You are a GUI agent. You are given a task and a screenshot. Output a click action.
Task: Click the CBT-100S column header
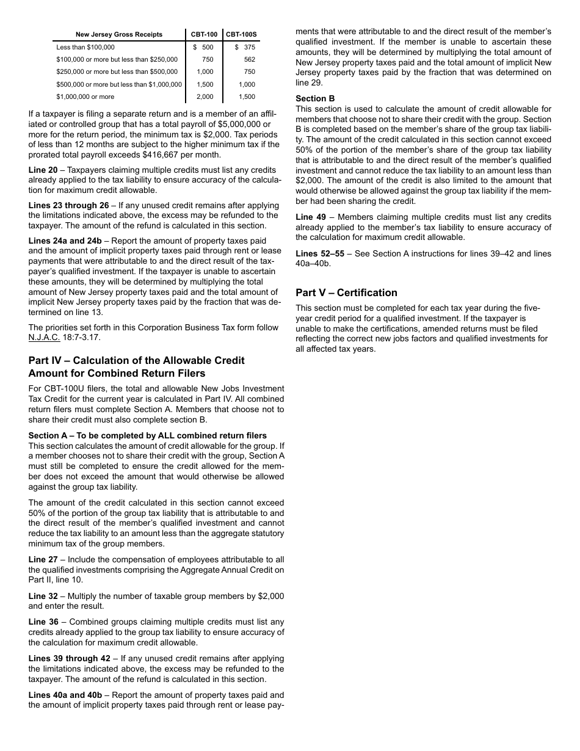241,34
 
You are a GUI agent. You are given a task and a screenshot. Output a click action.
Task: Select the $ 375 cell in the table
245,47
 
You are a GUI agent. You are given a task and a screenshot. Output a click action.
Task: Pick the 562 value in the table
249,60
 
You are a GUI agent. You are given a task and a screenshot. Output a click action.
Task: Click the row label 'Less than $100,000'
85,47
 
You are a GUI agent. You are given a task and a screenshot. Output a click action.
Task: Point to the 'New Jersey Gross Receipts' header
119,34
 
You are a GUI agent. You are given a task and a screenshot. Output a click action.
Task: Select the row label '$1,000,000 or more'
85,96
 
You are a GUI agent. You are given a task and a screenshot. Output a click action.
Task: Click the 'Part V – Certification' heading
346,292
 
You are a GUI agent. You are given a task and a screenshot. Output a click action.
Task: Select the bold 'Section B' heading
315,99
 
